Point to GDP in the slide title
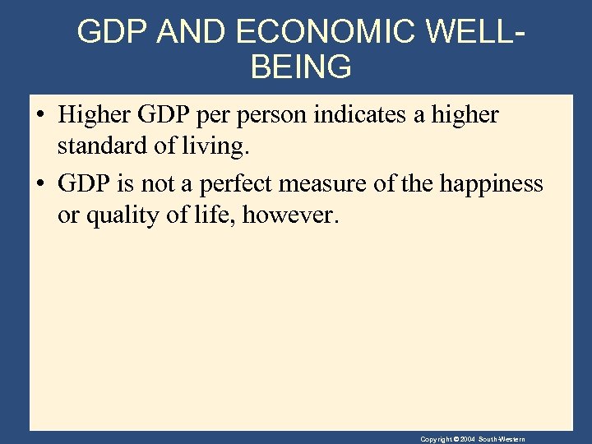(x=111, y=31)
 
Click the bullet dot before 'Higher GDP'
(x=40, y=115)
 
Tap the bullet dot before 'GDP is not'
(x=40, y=183)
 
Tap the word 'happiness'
(x=491, y=183)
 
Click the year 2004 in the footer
(x=467, y=439)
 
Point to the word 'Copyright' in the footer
(x=436, y=439)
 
